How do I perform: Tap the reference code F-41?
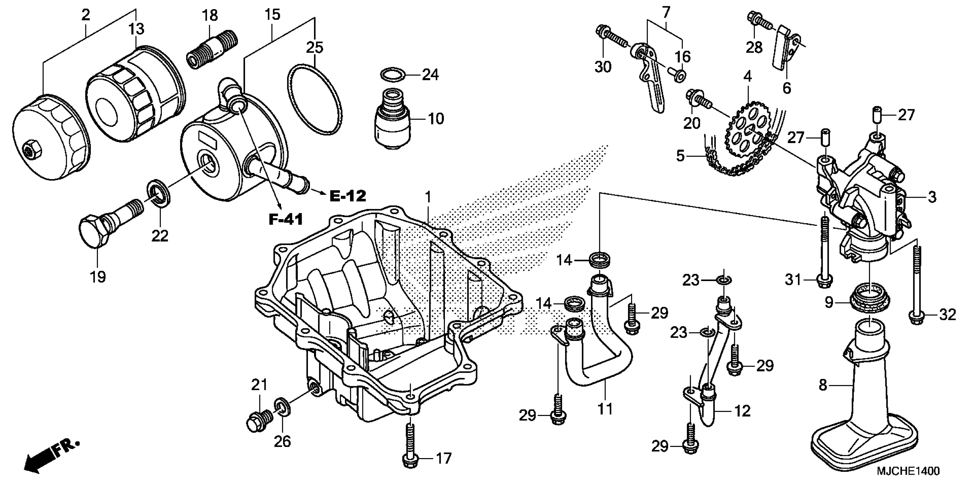(x=286, y=219)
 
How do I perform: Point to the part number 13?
(x=136, y=29)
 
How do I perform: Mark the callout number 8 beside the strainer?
(x=823, y=385)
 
